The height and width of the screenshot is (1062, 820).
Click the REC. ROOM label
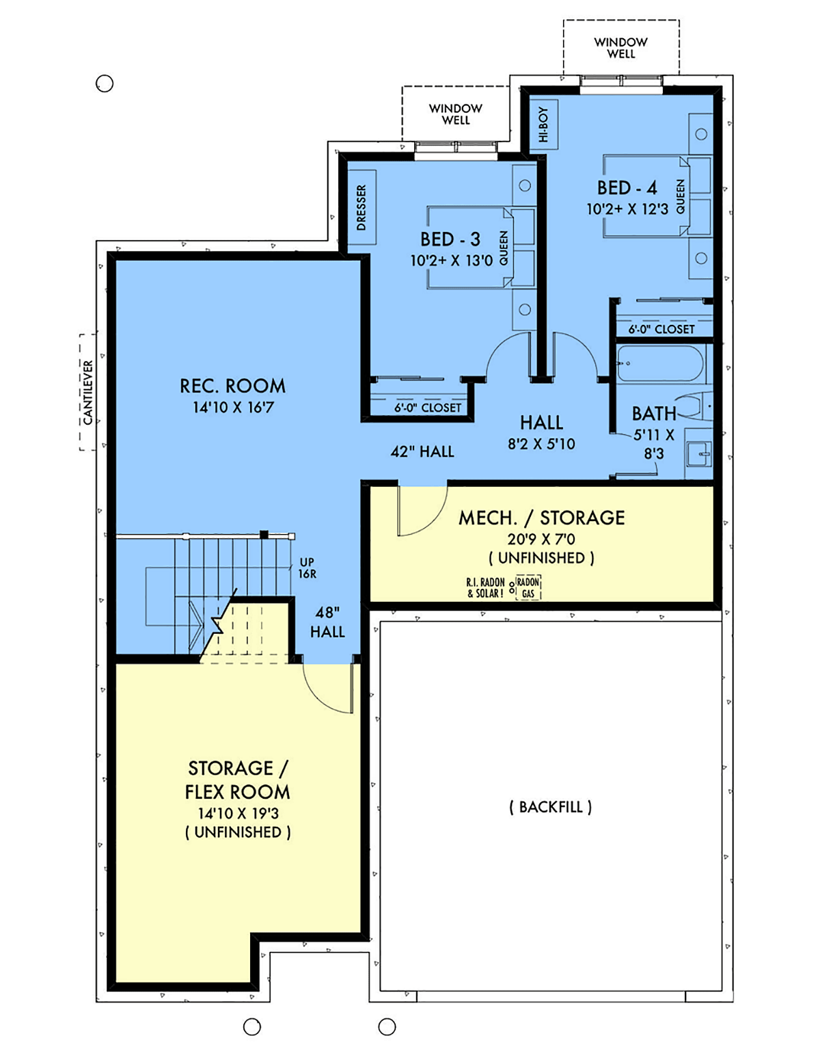point(232,386)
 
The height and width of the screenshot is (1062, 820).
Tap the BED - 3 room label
point(450,239)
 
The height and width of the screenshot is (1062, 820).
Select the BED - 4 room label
point(627,188)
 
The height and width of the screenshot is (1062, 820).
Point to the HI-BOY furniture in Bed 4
point(544,125)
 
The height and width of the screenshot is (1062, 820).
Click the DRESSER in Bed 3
point(361,207)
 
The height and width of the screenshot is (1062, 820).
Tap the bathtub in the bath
point(660,363)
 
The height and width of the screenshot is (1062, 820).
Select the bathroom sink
point(699,454)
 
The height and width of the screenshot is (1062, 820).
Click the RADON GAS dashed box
point(528,587)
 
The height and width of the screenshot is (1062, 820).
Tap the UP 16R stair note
point(307,568)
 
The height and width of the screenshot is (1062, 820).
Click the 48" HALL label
point(327,622)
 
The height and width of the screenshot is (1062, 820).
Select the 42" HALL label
point(422,451)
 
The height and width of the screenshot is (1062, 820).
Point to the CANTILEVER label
point(88,392)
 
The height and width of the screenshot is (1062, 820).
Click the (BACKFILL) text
point(550,807)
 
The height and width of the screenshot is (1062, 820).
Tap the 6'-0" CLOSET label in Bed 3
point(427,408)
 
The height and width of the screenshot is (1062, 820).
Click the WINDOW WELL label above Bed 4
point(620,48)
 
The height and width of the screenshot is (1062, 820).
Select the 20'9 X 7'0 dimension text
point(541,539)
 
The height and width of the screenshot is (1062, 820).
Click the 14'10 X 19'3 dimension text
point(238,813)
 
